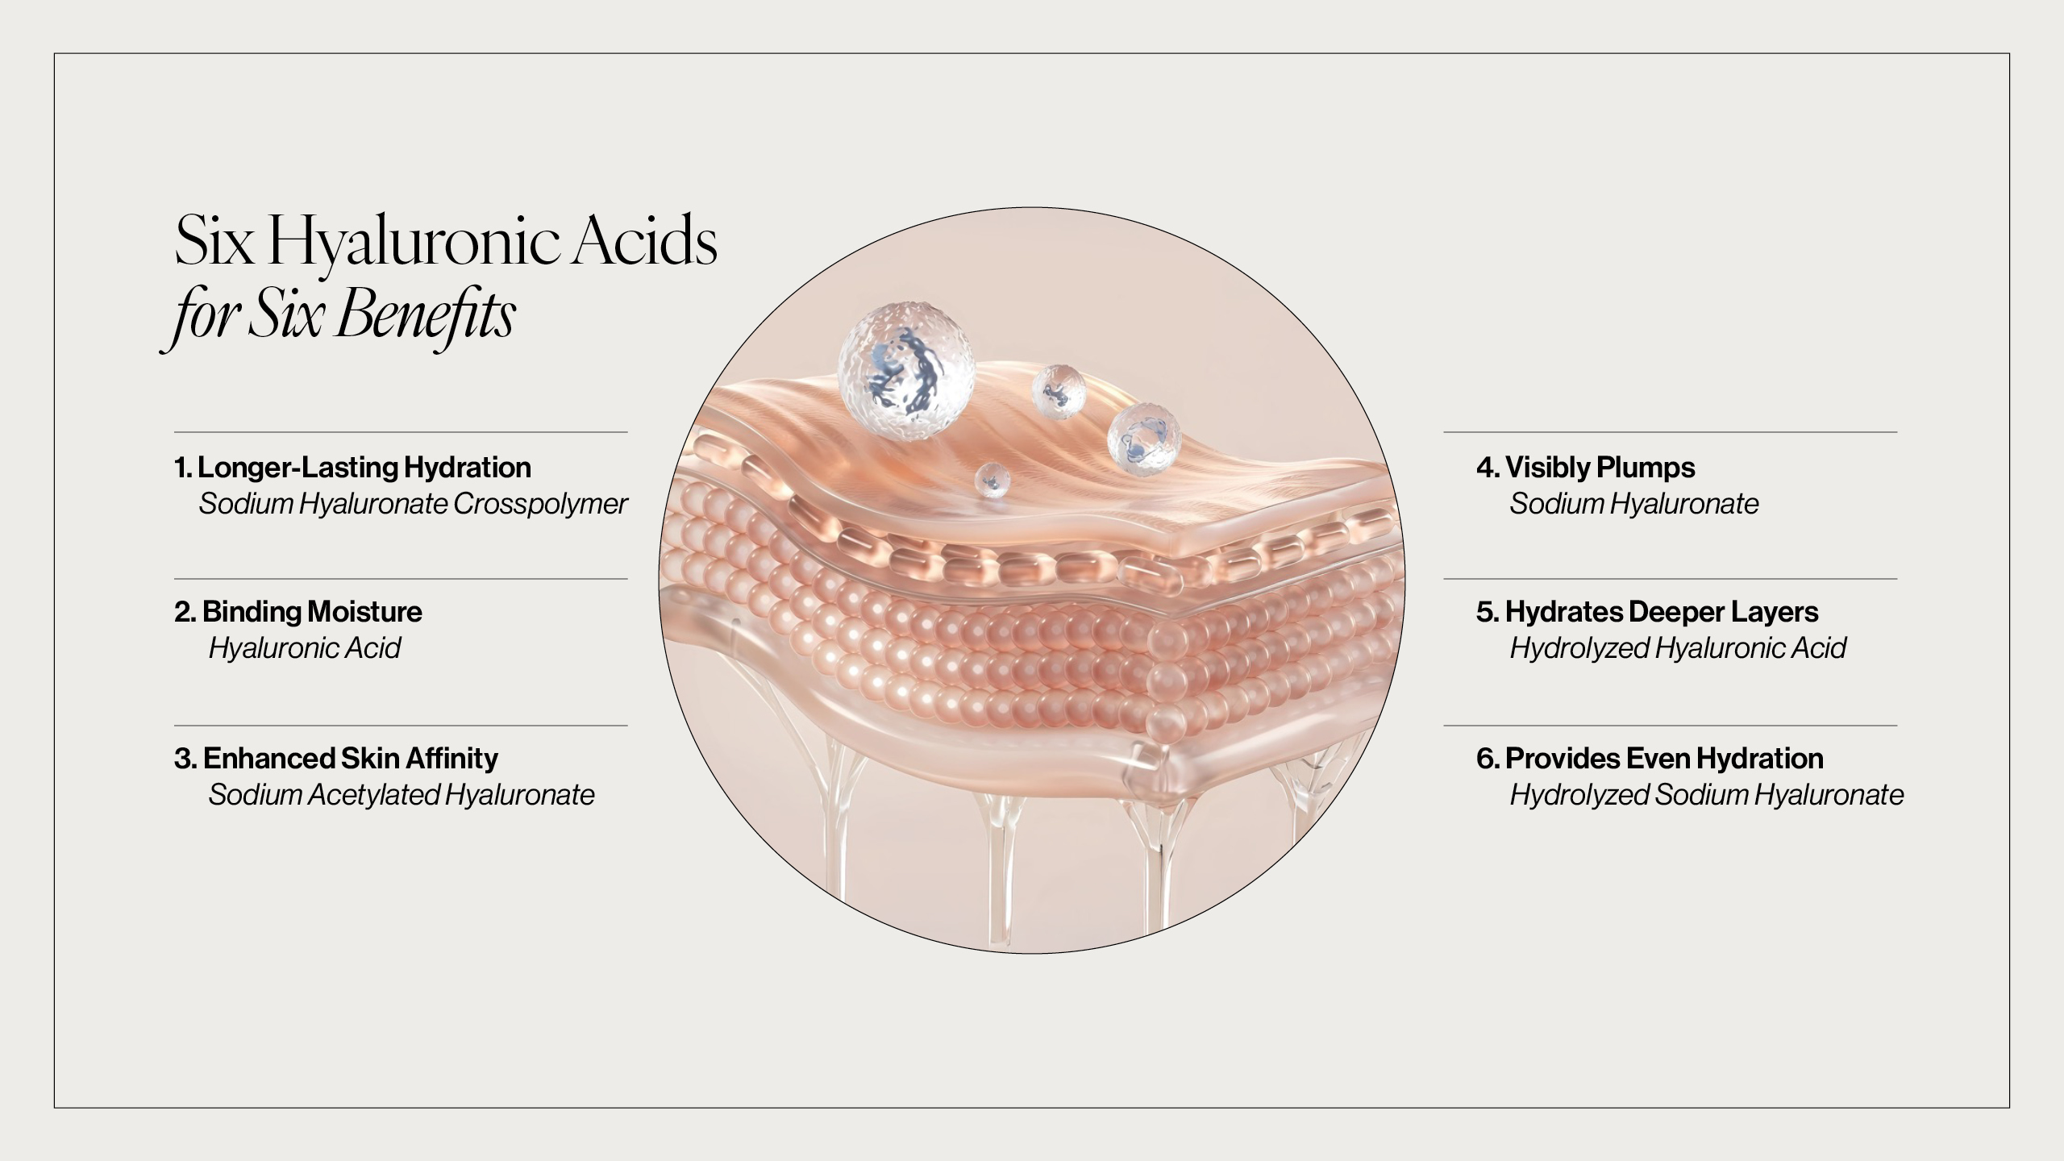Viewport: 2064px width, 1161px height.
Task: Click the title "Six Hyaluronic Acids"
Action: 446,241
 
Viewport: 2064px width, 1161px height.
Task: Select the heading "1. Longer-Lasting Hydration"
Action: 353,468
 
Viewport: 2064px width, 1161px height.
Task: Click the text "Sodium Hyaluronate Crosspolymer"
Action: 413,504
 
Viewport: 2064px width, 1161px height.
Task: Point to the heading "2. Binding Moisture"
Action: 298,612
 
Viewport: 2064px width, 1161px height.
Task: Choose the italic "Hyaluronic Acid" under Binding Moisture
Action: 305,648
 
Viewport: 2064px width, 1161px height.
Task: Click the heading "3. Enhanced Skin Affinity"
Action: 336,759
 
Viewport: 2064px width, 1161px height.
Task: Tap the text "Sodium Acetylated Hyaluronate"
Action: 402,796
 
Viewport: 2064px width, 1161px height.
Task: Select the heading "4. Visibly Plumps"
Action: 1586,468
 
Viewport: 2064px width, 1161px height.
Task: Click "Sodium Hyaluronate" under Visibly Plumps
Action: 1634,504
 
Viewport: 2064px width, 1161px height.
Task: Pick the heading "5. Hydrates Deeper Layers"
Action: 1647,612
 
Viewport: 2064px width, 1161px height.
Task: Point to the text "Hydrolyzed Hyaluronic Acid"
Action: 1678,648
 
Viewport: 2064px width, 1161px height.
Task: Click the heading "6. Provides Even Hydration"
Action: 1650,759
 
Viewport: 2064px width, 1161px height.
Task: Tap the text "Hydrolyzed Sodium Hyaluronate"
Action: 1707,796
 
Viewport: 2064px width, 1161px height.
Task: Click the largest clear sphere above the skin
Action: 906,372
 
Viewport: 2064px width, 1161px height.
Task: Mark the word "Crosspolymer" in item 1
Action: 540,504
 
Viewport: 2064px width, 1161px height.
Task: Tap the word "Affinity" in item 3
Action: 451,759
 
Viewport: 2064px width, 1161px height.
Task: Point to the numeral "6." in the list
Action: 1488,759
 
